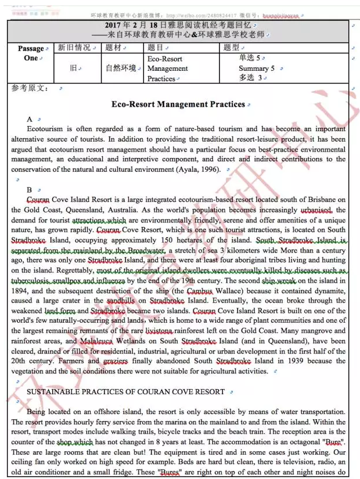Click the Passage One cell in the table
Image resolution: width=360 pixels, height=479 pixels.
[31, 53]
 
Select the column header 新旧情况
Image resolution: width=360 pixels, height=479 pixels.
[74, 48]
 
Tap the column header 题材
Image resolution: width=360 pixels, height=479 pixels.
[113, 48]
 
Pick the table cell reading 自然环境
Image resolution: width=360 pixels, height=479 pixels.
[121, 69]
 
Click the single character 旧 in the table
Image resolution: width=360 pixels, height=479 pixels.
[73, 69]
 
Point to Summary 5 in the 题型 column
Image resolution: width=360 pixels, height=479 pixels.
[257, 69]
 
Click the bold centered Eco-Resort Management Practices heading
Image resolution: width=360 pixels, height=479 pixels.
[178, 105]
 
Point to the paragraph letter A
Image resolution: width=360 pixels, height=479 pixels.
[30, 119]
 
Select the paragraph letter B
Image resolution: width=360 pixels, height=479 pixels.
[30, 190]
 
